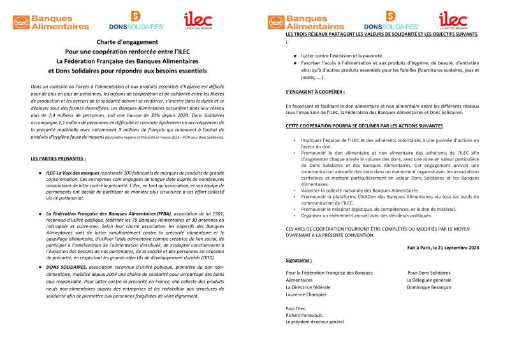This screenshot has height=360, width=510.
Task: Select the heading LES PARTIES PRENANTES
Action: pyautogui.click(x=58, y=157)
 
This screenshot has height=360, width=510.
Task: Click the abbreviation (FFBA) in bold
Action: pyautogui.click(x=162, y=214)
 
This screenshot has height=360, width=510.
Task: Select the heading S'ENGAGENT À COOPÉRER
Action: pyautogui.click(x=315, y=92)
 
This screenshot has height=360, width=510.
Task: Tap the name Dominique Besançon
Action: pyautogui.click(x=428, y=287)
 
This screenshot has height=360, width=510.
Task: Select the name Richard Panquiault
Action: pyautogui.click(x=305, y=315)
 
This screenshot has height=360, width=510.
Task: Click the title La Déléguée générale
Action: pyautogui.click(x=428, y=280)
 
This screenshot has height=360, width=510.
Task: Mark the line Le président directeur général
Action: pyautogui.click(x=315, y=322)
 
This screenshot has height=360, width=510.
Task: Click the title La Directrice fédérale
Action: pyautogui.click(x=309, y=287)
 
